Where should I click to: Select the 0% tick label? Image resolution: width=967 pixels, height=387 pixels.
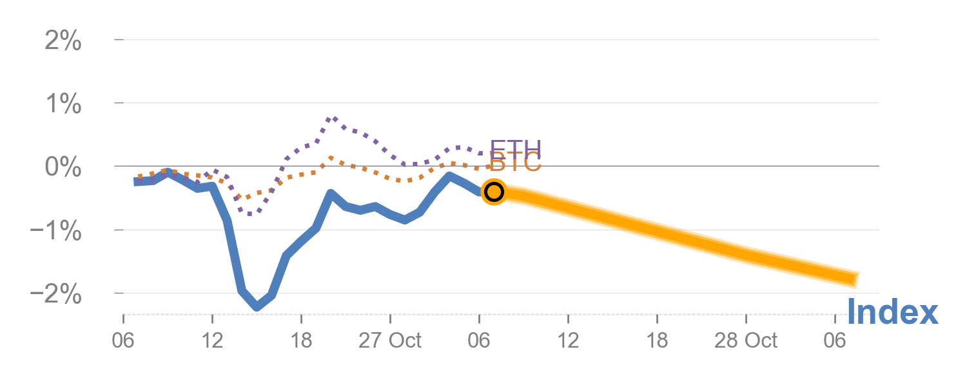(63, 168)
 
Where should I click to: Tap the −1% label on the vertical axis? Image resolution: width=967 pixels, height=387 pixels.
(56, 231)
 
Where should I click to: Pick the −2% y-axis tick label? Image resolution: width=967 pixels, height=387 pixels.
(56, 295)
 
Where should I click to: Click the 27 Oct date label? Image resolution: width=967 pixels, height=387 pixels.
(390, 340)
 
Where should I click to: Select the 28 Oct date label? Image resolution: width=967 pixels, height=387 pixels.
(746, 340)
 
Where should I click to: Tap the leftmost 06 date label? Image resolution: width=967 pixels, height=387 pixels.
(123, 340)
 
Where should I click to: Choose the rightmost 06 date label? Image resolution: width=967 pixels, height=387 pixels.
(835, 340)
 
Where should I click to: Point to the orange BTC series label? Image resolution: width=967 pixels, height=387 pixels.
(516, 163)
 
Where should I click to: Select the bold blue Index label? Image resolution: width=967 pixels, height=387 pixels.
(892, 313)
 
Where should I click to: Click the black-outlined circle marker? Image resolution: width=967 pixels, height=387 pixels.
(494, 192)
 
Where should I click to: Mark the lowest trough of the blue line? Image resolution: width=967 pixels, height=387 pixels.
(257, 307)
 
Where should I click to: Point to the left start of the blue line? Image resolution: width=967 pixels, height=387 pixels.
(136, 181)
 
